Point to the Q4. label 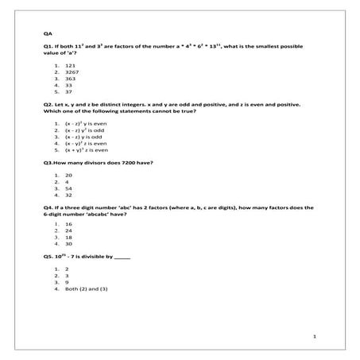pyautogui.click(x=49, y=207)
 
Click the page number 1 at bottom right pyautogui.click(x=315, y=337)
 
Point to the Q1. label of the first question pyautogui.click(x=49, y=48)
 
